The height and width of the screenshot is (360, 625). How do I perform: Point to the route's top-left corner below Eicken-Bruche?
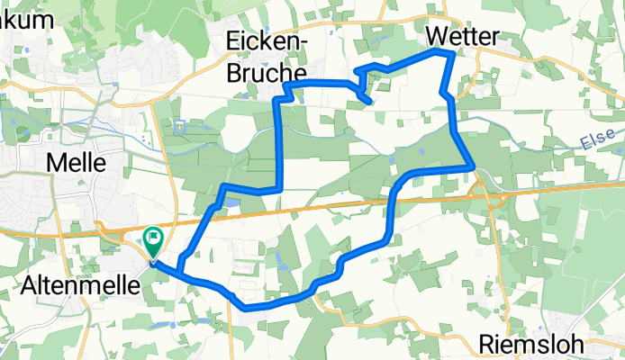click(x=285, y=84)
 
